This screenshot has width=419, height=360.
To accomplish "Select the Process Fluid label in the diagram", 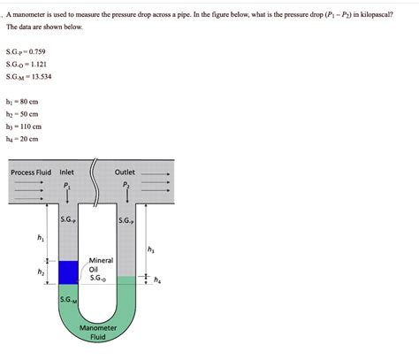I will (x=33, y=172).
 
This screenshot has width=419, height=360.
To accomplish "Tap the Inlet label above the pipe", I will (x=67, y=172).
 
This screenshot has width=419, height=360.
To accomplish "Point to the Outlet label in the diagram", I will (x=126, y=172).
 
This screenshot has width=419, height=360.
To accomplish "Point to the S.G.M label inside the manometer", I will (x=68, y=301).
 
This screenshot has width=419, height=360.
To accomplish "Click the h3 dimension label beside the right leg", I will (x=149, y=250).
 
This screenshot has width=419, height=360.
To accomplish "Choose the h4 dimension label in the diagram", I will (x=156, y=281).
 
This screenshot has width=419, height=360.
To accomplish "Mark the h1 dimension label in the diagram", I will (x=41, y=237).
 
